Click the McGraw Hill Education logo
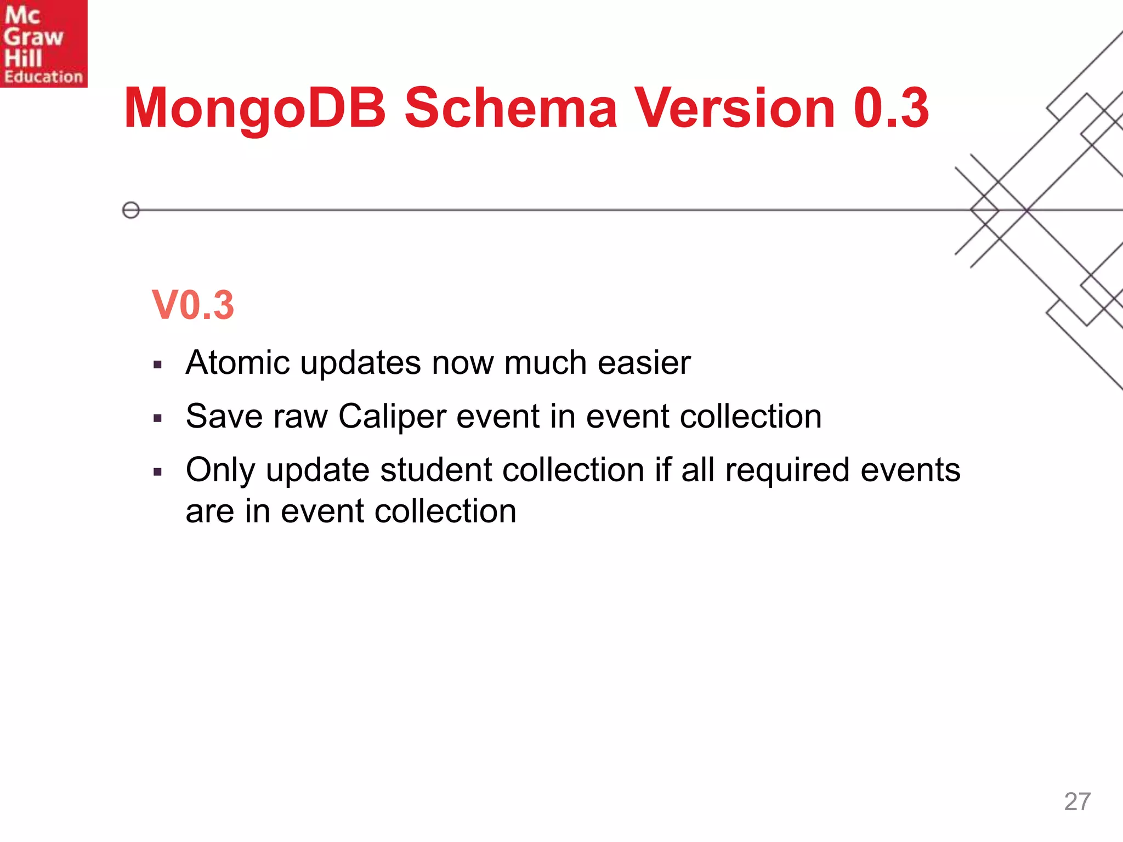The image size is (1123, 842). (x=43, y=43)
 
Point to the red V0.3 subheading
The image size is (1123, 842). (x=193, y=305)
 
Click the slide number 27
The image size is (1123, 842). (x=1077, y=801)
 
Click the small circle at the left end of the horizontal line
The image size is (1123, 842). (x=131, y=210)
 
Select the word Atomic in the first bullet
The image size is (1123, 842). (x=237, y=363)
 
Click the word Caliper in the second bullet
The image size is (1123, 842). (x=392, y=417)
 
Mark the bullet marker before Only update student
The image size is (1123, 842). (x=158, y=472)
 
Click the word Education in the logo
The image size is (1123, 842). (x=43, y=77)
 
